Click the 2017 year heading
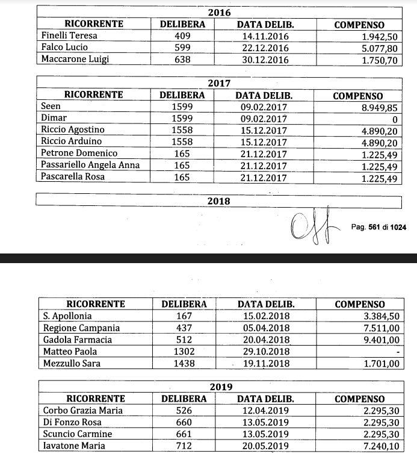coord(218,83)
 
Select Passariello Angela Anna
coord(89,164)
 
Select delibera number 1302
coord(184,351)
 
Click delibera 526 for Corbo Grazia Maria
coord(184,411)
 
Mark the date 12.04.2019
coord(265,411)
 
